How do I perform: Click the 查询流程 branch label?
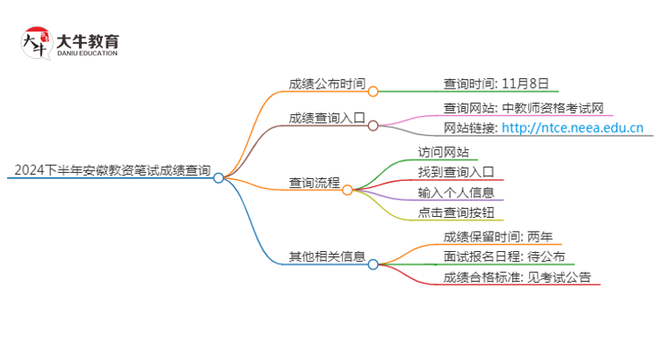click(x=315, y=183)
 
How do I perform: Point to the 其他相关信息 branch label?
click(x=327, y=256)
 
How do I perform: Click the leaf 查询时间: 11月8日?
click(x=496, y=84)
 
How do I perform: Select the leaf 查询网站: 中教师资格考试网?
click(x=524, y=108)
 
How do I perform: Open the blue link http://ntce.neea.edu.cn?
click(x=572, y=128)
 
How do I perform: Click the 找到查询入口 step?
click(x=456, y=171)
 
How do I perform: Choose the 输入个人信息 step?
click(x=456, y=191)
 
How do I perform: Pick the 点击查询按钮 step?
click(x=456, y=212)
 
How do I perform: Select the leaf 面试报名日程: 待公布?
click(x=496, y=256)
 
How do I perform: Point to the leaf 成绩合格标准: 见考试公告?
click(x=518, y=277)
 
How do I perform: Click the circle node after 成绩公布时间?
click(x=373, y=91)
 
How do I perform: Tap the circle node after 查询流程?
click(x=347, y=190)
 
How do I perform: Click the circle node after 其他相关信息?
click(x=373, y=263)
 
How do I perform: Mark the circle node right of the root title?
click(x=219, y=177)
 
